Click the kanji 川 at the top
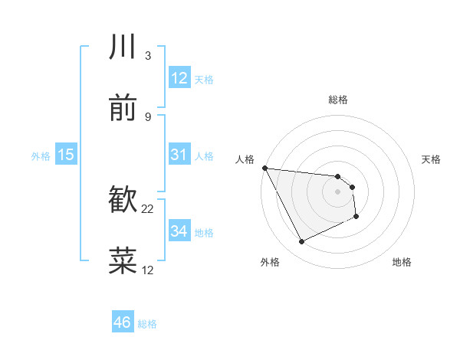123,47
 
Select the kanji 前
123,109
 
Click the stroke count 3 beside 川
148,56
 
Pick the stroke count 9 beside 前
148,117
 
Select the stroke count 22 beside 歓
148,209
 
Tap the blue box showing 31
179,155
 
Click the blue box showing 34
179,231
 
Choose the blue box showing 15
66,155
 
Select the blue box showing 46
122,322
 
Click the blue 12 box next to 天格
179,78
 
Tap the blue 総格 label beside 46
147,324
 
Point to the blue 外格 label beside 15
41,156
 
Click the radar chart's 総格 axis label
338,100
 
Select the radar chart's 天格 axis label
431,159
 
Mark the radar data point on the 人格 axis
264,168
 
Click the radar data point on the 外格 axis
301,242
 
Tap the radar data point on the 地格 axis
356,218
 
